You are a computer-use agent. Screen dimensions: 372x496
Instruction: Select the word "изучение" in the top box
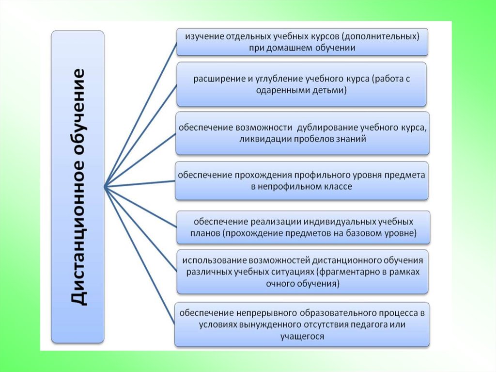[195, 37]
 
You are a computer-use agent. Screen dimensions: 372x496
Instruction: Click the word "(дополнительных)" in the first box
[387, 37]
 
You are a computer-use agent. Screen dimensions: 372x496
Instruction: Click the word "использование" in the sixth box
[207, 260]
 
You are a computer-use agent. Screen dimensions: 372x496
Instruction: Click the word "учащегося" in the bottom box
[302, 336]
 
